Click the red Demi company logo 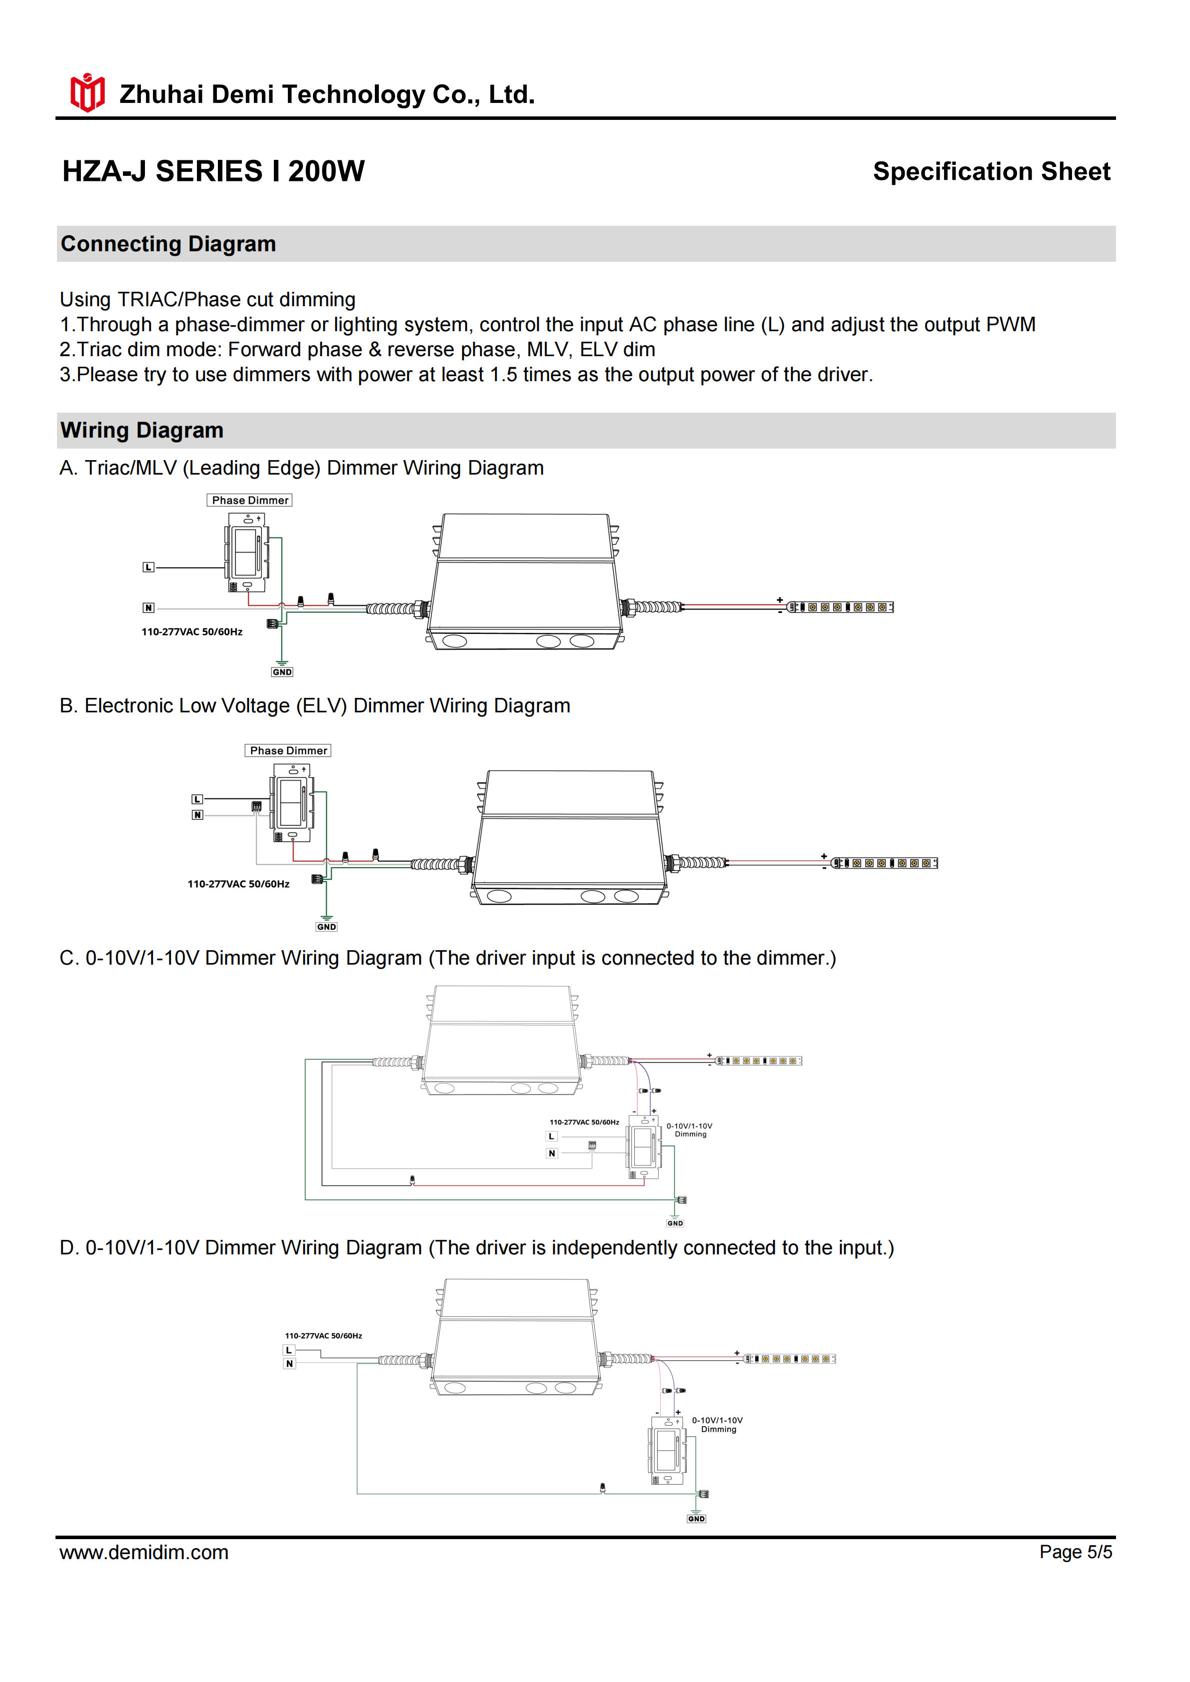(87, 92)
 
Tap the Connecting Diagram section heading (168, 244)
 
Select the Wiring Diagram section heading (142, 430)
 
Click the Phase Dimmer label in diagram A (250, 501)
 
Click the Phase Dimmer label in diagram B (288, 751)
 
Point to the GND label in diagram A (282, 672)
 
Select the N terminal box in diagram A (149, 607)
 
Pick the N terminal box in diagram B (197, 815)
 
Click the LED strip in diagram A (841, 607)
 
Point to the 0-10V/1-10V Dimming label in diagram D (717, 1424)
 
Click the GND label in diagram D (696, 1519)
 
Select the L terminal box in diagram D (289, 1350)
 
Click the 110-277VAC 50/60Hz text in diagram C (584, 1122)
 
